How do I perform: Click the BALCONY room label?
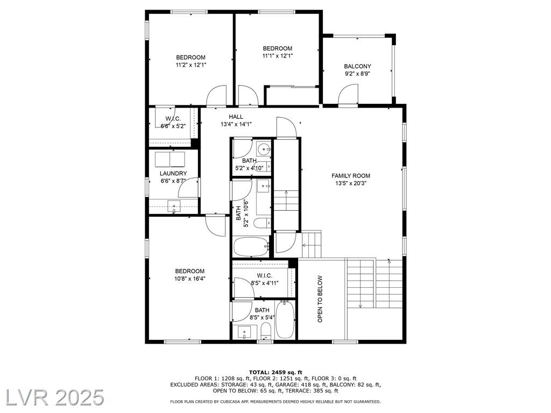(x=357, y=66)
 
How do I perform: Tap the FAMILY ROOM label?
(x=351, y=176)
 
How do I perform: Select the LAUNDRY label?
(x=173, y=174)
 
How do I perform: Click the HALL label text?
(x=236, y=117)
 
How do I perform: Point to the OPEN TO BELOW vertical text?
(x=320, y=299)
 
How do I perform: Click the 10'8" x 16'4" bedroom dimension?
(x=190, y=279)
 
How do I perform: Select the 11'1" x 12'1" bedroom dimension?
(x=278, y=55)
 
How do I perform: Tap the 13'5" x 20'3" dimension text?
(x=351, y=183)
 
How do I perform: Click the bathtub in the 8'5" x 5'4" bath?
(x=285, y=320)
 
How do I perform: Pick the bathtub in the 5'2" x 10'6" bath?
(x=251, y=247)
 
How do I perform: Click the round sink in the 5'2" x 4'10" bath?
(x=263, y=149)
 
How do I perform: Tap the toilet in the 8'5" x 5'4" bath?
(x=266, y=331)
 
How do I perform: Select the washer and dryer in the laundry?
(x=170, y=159)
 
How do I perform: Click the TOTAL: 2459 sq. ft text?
(x=275, y=372)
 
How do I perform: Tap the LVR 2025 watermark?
(x=52, y=397)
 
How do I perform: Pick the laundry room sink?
(x=174, y=206)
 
